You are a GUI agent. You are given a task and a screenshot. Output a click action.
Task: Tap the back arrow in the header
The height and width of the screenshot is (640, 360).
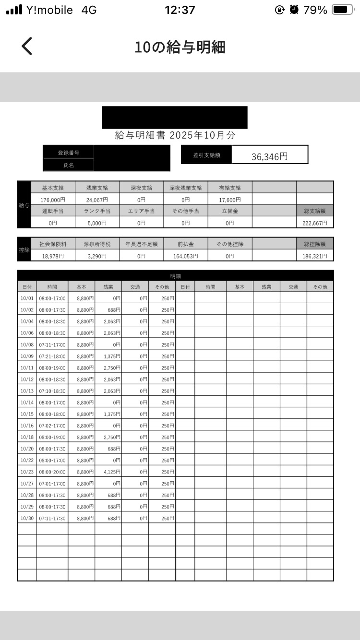pos(27,46)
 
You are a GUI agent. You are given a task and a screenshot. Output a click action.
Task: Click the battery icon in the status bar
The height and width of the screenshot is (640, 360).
pos(343,10)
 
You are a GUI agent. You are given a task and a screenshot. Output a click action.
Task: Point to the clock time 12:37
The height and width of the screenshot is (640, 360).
pos(180,10)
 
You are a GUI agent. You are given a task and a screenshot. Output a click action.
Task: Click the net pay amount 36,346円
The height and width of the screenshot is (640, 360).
pos(269,156)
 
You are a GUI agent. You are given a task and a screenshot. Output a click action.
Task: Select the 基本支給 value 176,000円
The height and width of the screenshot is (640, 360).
pos(52,200)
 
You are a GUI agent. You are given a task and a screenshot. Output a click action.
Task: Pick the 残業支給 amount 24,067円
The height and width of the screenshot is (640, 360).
pos(97,200)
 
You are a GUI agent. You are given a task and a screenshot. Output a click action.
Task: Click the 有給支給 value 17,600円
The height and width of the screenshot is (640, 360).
pos(230,200)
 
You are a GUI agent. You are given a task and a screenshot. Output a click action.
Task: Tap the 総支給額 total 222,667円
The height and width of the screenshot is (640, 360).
pos(315,223)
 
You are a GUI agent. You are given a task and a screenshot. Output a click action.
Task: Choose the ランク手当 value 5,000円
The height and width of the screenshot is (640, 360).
pos(97,223)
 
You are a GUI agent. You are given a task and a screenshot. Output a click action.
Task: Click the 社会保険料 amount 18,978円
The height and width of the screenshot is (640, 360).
pos(52,256)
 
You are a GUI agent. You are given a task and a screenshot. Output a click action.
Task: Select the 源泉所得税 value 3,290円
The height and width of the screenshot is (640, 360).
pos(97,256)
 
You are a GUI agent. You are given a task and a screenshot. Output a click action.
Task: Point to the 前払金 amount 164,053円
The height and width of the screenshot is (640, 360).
pos(186,256)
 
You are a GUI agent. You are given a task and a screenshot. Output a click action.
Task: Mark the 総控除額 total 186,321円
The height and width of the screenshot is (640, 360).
pos(315,256)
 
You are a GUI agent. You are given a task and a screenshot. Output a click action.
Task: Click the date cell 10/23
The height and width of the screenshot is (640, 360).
pos(26,472)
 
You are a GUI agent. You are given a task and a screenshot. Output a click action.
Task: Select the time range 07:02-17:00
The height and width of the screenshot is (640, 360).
pos(52,426)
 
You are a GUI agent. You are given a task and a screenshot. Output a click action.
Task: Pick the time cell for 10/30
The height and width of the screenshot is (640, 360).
pos(52,518)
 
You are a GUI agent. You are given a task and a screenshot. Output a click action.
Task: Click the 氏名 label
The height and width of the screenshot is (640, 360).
pos(69,165)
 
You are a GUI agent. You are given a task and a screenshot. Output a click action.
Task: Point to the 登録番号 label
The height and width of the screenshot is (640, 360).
pos(69,153)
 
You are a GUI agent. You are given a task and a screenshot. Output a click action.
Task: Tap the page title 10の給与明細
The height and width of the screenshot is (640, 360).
pos(180,47)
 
